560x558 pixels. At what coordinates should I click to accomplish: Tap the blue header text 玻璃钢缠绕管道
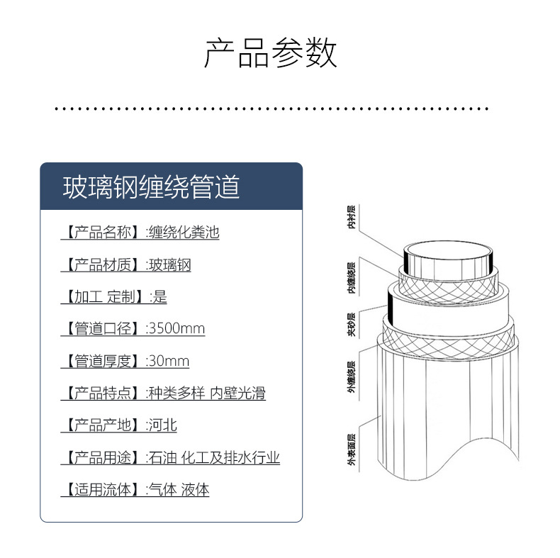click(x=152, y=186)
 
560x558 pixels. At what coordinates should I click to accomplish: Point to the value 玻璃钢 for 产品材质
click(x=169, y=265)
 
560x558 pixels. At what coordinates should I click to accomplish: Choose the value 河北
click(x=162, y=425)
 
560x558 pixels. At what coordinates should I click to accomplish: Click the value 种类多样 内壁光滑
click(x=206, y=394)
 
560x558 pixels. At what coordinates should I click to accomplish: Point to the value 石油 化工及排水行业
click(x=213, y=457)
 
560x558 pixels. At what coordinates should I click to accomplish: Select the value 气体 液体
click(x=178, y=489)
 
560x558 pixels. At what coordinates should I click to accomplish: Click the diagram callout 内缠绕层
click(x=351, y=279)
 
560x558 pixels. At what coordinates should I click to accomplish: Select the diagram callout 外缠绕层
click(x=351, y=377)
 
